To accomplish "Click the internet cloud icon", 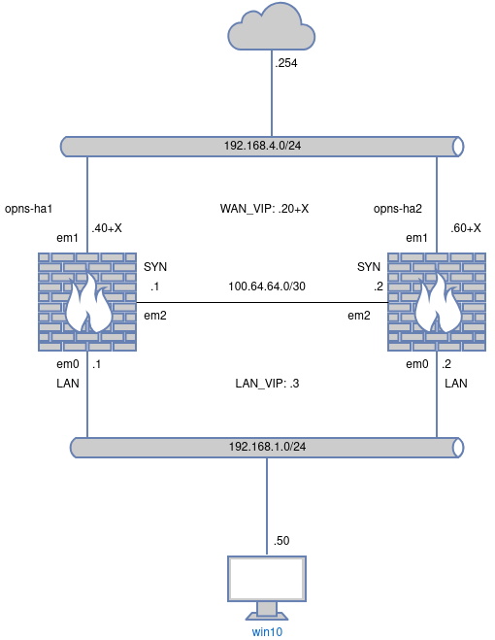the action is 272,27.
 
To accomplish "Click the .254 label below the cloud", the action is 286,63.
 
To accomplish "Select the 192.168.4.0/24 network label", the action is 262,146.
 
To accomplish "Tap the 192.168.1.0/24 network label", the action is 267,447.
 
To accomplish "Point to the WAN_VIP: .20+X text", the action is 264,209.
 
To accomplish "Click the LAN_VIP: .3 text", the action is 267,384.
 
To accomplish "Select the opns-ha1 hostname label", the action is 28,209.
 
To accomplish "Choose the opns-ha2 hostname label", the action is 398,209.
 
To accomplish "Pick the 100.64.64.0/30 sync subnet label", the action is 267,286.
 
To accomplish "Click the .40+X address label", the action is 107,228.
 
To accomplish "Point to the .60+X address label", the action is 466,228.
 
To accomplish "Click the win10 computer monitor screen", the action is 267,579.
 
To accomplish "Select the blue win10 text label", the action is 267,632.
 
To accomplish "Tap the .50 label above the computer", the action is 281,540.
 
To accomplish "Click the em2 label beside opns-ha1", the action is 155,316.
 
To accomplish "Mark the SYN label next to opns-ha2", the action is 369,267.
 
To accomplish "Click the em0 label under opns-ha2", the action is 417,364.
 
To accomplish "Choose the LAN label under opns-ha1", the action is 68,384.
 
